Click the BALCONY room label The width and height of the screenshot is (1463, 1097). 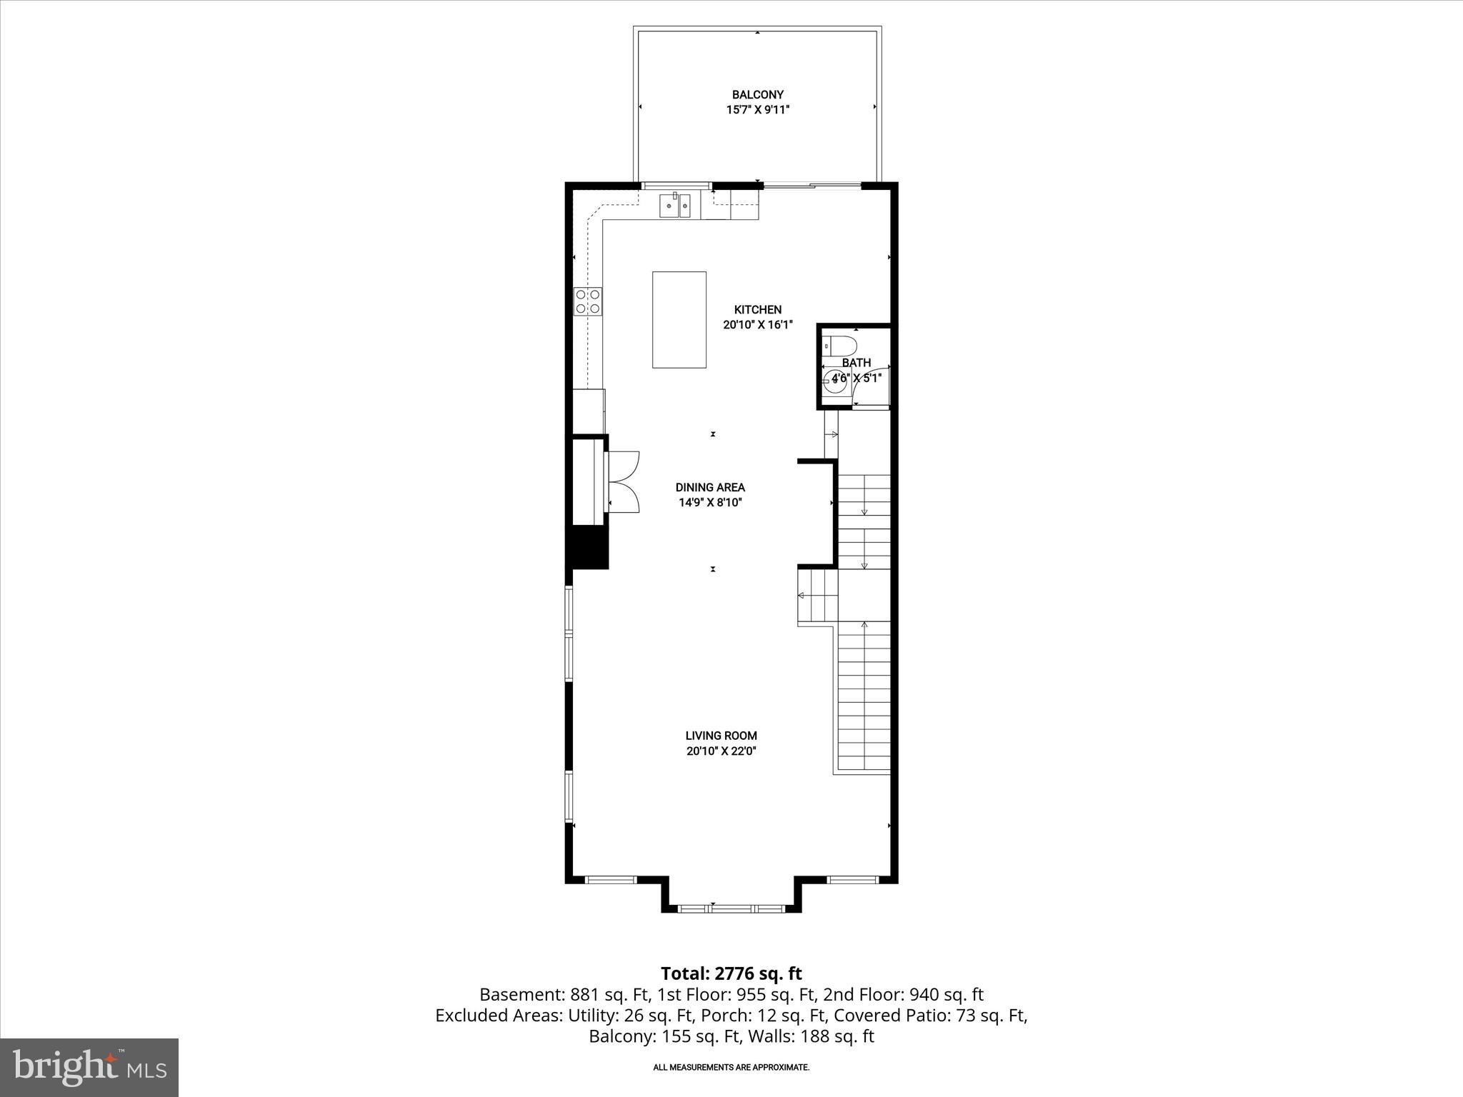[x=757, y=94]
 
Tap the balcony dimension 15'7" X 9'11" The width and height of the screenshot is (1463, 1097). [x=757, y=110]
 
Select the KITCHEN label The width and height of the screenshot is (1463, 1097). [x=757, y=309]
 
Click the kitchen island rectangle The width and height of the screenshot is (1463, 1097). [x=679, y=319]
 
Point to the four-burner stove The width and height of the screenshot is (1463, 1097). [x=588, y=301]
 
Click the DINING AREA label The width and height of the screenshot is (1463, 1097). [x=710, y=487]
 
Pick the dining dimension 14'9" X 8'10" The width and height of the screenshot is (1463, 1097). [x=710, y=503]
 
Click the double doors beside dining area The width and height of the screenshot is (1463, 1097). [x=623, y=482]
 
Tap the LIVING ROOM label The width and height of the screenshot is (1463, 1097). [x=721, y=735]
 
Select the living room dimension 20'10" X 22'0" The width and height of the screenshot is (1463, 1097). [x=721, y=751]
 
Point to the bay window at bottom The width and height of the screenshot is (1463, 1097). [x=731, y=908]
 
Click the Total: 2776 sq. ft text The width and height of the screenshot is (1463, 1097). [x=731, y=973]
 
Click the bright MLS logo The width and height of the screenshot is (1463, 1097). [x=89, y=1067]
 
